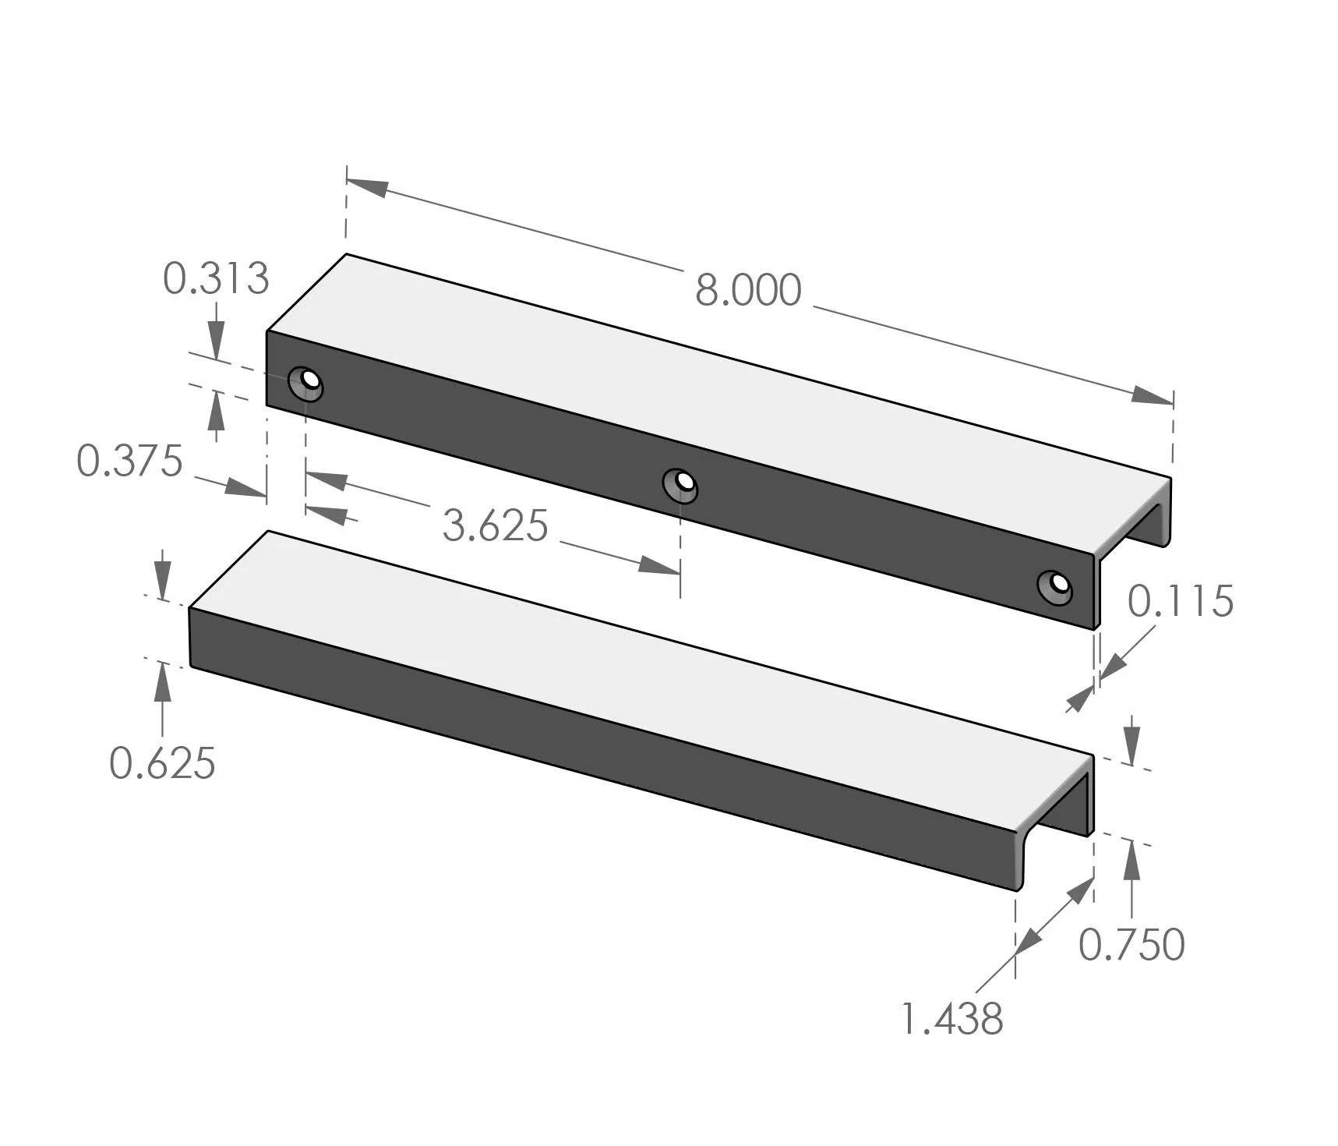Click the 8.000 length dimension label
748,290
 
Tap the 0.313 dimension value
216,278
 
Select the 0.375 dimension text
129,461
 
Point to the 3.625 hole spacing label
496,525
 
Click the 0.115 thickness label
1181,601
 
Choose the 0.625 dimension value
162,762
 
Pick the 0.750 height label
1131,944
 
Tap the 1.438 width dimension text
952,1019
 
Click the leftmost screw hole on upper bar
306,383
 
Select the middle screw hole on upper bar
680,484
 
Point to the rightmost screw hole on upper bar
1055,585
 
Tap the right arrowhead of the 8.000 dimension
1152,395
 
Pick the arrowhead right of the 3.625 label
658,564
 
